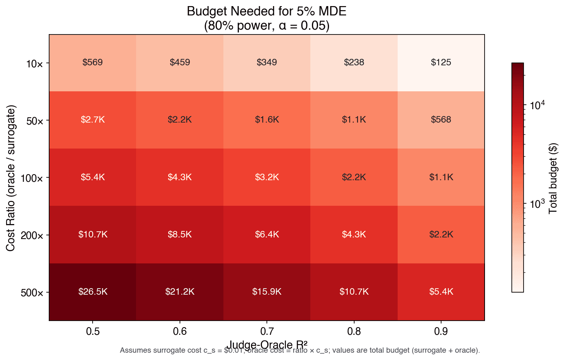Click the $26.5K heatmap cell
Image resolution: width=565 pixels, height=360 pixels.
(x=93, y=292)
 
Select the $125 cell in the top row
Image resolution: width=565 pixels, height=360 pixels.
(x=441, y=63)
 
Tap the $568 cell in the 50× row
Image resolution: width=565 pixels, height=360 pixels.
(x=441, y=120)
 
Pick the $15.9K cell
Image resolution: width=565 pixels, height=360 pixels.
(x=267, y=292)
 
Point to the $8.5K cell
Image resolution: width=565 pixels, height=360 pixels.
(x=180, y=235)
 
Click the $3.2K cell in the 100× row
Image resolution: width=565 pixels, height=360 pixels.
(x=267, y=177)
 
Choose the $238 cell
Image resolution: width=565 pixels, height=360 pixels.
(x=354, y=63)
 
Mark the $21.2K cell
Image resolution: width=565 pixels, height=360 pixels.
(x=180, y=292)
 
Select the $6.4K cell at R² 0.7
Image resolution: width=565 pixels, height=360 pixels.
(x=267, y=235)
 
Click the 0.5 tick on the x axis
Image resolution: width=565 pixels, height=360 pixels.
(x=93, y=332)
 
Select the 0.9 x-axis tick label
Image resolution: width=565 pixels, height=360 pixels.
(x=441, y=332)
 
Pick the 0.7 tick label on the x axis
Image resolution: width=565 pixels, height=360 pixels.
(x=267, y=332)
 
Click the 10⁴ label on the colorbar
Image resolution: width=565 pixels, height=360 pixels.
(x=537, y=105)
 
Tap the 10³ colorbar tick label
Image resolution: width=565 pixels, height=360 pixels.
(x=537, y=203)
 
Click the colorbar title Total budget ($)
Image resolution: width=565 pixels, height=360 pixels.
(x=553, y=178)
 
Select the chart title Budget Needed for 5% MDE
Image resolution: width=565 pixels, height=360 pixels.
(x=266, y=11)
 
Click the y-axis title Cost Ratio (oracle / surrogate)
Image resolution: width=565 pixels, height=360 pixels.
(x=11, y=178)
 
